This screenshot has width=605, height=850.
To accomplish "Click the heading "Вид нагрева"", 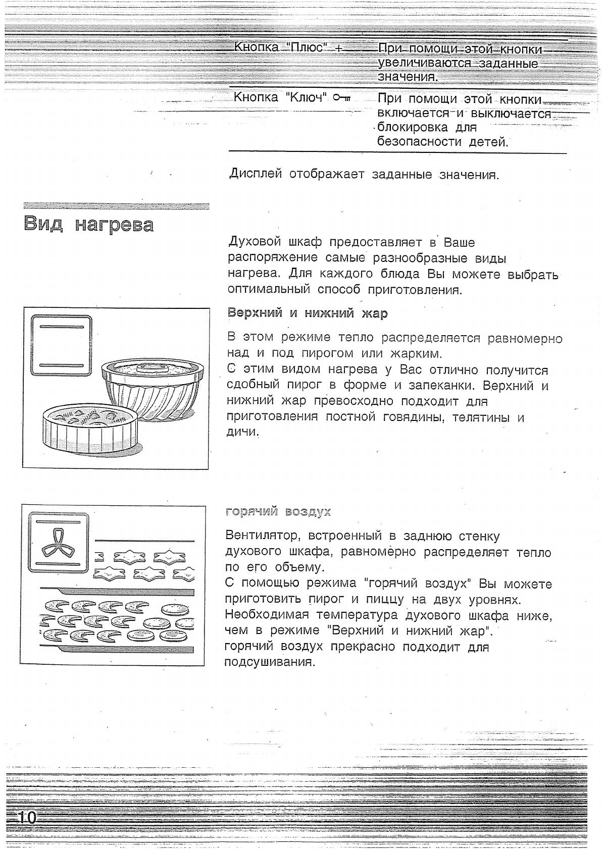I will (x=88, y=225).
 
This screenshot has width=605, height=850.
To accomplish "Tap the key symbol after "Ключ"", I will (x=342, y=97).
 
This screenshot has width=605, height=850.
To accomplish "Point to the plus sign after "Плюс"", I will (x=338, y=48).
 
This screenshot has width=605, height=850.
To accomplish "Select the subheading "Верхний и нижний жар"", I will (x=308, y=313).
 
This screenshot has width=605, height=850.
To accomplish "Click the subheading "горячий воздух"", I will (x=278, y=512).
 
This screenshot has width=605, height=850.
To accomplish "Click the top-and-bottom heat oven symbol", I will (x=62, y=346).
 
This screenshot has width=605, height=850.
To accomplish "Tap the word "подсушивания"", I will (x=269, y=662).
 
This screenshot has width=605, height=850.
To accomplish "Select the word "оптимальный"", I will (x=268, y=290).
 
